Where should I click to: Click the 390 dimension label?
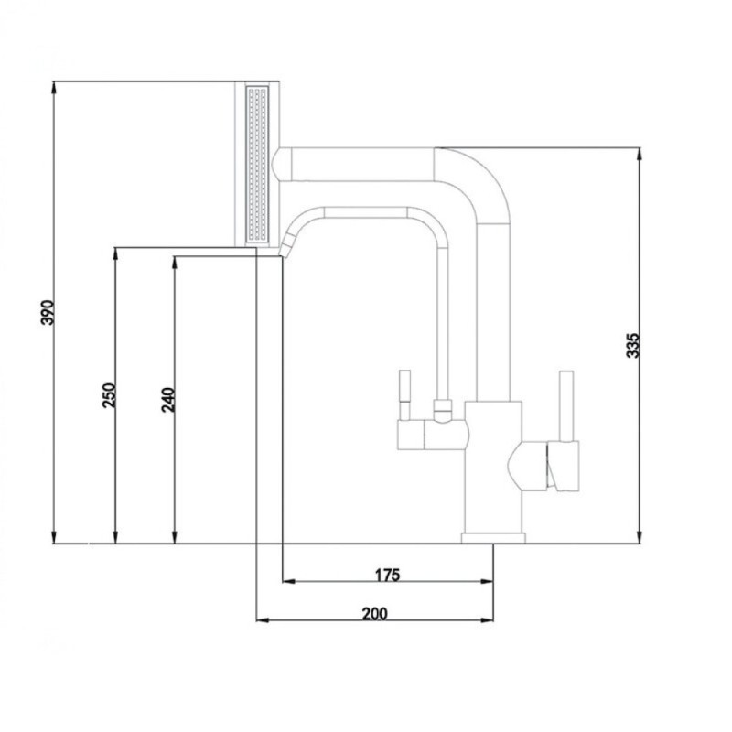coord(48,312)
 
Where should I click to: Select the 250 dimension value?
coord(109,395)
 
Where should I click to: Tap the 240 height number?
coord(167,400)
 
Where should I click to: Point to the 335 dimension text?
coord(632,346)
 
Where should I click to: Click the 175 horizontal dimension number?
coord(388,575)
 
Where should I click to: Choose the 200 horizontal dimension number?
coord(375,613)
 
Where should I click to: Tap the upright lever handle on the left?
coord(404,395)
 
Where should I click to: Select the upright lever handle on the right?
coord(566,406)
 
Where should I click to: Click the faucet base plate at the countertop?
coord(493,538)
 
